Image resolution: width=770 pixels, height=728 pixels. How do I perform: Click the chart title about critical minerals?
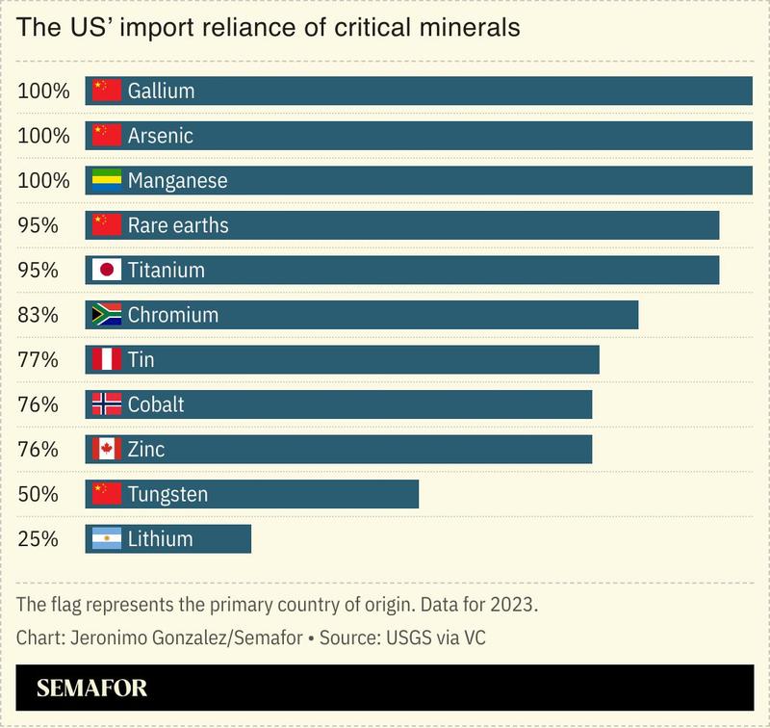[x=269, y=28]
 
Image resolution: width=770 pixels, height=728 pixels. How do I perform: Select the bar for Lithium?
[x=168, y=539]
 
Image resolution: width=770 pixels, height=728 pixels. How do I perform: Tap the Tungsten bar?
[x=252, y=495]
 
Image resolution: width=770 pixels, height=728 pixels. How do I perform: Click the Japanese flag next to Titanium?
[x=106, y=271]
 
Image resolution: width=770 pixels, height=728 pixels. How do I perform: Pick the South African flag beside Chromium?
[x=106, y=315]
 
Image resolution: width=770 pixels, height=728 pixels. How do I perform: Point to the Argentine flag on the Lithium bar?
[x=106, y=539]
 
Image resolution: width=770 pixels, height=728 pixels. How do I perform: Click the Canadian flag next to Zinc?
[x=106, y=450]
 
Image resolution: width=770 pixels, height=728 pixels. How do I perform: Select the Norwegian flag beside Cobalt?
[x=106, y=404]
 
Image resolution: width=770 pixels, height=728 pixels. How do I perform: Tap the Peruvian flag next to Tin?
[x=106, y=360]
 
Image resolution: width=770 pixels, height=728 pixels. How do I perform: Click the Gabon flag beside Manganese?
[x=106, y=180]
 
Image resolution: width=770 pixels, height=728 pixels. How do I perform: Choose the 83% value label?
[x=38, y=315]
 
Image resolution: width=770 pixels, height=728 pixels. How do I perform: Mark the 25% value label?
[x=38, y=539]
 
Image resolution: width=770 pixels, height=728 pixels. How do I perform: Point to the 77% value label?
[x=38, y=360]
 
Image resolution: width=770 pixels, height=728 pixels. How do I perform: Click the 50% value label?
[x=38, y=495]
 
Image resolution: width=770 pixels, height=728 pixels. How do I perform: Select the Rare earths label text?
[x=177, y=225]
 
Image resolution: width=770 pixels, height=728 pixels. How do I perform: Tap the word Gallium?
[x=161, y=91]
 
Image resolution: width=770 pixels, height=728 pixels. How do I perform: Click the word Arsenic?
[x=160, y=136]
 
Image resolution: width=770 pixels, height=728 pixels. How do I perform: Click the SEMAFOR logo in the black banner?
[x=91, y=689]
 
